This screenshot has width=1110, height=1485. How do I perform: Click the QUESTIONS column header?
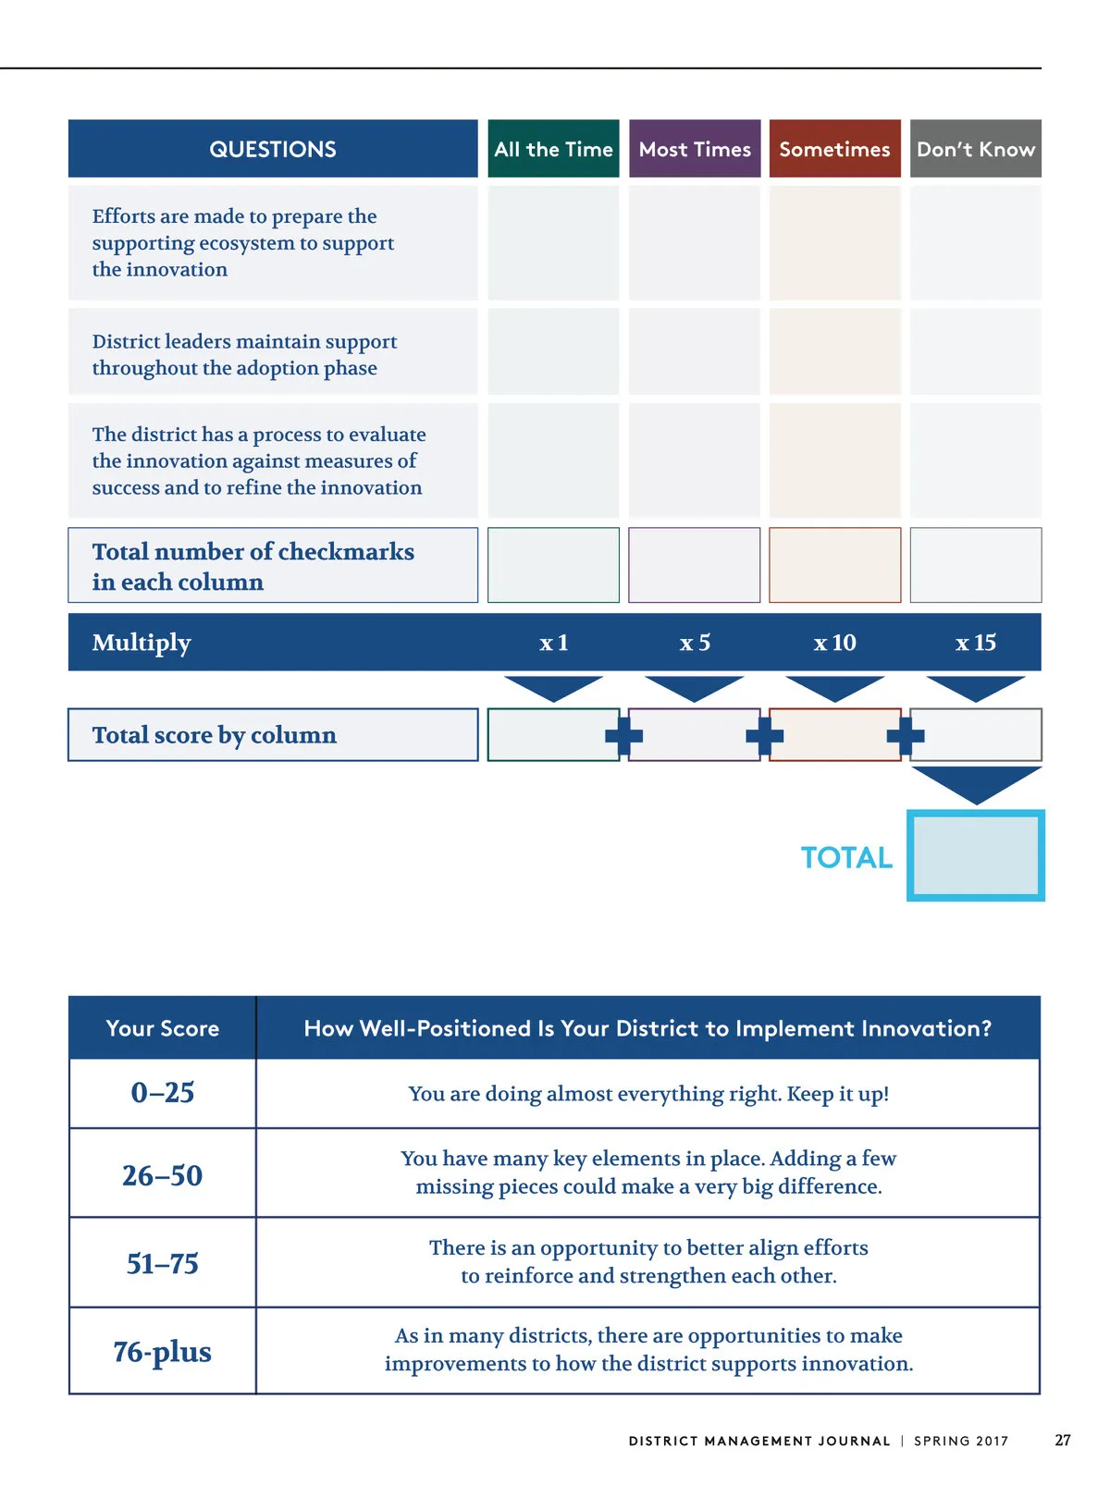pos(273,149)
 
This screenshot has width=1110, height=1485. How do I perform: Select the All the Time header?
pos(553,149)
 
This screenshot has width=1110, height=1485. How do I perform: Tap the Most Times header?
pos(695,149)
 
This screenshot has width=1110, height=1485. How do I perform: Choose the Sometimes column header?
pos(834,149)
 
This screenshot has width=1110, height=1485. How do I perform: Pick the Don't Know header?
pos(976,149)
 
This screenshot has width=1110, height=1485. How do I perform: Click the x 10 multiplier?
pos(834,643)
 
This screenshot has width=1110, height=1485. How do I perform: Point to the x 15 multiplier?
pos(976,643)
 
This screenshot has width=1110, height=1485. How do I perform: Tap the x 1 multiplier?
pos(553,643)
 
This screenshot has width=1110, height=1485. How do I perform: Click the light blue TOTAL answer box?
pos(976,855)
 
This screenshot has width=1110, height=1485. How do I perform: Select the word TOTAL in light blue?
pos(846,858)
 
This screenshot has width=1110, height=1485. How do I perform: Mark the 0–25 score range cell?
pos(163,1093)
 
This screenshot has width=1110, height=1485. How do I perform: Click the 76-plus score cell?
pos(163,1352)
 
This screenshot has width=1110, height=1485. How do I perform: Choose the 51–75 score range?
pos(163,1263)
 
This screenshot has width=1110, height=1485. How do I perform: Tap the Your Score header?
pos(163,1028)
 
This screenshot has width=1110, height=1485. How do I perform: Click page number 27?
pos(1063,1441)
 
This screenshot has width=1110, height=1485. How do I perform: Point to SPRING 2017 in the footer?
pos(961,1442)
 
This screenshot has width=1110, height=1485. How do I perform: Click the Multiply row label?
pos(142,643)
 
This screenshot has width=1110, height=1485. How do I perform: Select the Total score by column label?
pos(215,735)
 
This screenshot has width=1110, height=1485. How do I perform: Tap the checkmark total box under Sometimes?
pos(834,565)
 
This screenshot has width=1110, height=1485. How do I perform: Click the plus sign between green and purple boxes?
pos(623,736)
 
